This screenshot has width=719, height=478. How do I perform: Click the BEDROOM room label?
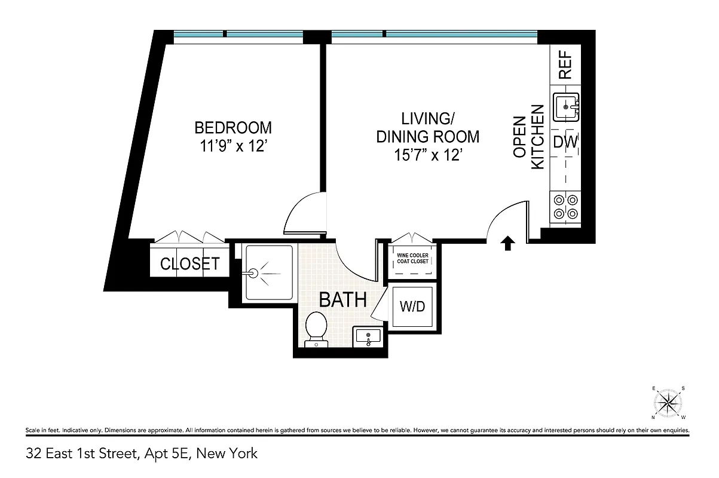point(233,128)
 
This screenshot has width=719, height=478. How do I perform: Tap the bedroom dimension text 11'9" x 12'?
point(233,147)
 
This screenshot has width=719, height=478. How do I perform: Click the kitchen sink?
point(565,108)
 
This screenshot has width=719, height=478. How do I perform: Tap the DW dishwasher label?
point(565,142)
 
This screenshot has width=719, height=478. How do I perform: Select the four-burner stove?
point(565,207)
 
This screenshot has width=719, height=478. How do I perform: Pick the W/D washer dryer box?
point(412,307)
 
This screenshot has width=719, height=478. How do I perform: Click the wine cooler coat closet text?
point(412,259)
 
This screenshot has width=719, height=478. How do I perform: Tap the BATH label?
point(342,299)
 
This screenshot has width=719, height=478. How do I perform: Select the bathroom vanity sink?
point(368,337)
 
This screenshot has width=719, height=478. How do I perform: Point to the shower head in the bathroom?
point(253,274)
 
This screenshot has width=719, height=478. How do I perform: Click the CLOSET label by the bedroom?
point(189,263)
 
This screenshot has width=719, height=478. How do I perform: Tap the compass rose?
point(669,403)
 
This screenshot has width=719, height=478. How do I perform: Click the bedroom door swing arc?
point(302,212)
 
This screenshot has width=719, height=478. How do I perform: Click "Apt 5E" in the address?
point(165,454)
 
